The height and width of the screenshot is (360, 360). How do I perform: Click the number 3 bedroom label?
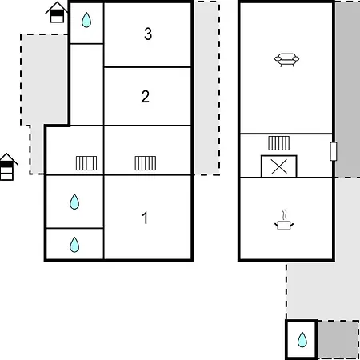pyautogui.click(x=148, y=34)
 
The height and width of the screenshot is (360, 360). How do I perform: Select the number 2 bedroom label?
pyautogui.click(x=146, y=97)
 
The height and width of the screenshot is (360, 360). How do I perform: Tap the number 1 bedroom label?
pyautogui.click(x=145, y=218)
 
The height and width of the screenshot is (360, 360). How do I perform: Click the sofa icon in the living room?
pyautogui.click(x=286, y=60)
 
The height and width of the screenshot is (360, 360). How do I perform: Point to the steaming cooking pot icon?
pyautogui.click(x=284, y=221)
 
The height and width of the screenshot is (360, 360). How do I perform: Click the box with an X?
pyautogui.click(x=279, y=166)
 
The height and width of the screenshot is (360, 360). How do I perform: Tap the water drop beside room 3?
pyautogui.click(x=86, y=20)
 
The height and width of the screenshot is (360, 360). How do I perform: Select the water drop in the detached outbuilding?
pyautogui.click(x=302, y=340)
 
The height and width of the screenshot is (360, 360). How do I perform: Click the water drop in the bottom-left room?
pyautogui.click(x=74, y=245)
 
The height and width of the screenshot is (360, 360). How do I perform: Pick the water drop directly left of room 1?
pyautogui.click(x=74, y=202)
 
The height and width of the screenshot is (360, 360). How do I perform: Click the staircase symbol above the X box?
pyautogui.click(x=279, y=143)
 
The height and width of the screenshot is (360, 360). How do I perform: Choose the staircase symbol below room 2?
pyautogui.click(x=146, y=163)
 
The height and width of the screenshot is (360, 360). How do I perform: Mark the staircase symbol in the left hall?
pyautogui.click(x=86, y=163)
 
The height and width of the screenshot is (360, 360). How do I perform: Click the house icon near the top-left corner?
pyautogui.click(x=57, y=12)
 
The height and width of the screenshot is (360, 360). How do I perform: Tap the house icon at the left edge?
pyautogui.click(x=6, y=167)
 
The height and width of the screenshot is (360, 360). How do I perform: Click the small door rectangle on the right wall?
pyautogui.click(x=334, y=151)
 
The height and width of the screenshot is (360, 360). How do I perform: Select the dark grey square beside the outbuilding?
pyautogui.click(x=338, y=340)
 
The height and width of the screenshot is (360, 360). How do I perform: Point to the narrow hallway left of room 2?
pyautogui.click(x=86, y=85)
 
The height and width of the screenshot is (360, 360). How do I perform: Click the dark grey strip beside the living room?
pyautogui.click(x=347, y=89)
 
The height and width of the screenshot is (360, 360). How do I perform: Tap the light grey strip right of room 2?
pyautogui.click(x=206, y=88)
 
